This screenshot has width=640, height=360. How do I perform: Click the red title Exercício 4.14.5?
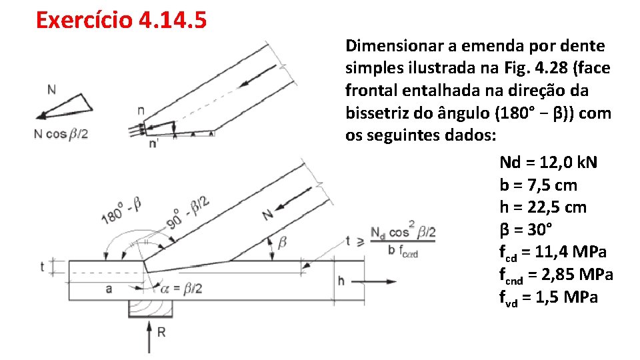tap(121, 20)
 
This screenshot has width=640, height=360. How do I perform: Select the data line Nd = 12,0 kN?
tap(548, 163)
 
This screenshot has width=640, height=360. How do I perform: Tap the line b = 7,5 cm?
tap(538, 185)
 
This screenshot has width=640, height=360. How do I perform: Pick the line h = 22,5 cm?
tap(543, 207)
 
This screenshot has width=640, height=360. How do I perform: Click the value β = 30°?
tap(526, 230)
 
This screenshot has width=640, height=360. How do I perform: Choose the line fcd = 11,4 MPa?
tap(553, 253)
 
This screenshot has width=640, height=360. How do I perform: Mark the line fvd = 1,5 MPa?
tap(549, 297)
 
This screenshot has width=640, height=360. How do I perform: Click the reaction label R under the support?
tap(161, 333)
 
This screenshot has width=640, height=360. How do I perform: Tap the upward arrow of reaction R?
tap(149, 337)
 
